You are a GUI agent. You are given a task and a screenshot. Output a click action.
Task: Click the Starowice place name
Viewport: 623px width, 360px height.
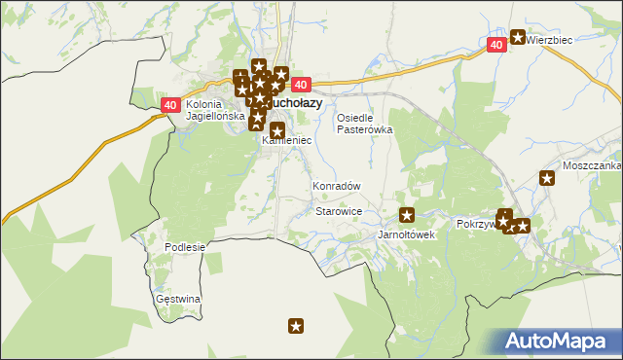click(x=340, y=211)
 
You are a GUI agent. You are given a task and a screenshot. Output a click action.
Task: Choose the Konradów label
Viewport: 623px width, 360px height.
click(x=337, y=186)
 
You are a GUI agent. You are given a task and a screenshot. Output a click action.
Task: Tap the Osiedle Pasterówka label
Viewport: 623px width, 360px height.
click(x=364, y=123)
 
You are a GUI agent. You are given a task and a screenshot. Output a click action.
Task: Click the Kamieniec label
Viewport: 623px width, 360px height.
click(x=286, y=141)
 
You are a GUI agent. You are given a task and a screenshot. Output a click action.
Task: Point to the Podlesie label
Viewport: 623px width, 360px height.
click(x=185, y=247)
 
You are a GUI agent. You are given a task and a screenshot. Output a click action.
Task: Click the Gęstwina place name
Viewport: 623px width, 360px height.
click(x=178, y=299)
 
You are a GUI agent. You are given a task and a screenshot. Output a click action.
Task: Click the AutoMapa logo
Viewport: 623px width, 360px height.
click(x=561, y=342)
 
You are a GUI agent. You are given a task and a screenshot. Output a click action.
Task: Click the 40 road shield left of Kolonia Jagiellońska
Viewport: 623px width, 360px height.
click(x=169, y=105)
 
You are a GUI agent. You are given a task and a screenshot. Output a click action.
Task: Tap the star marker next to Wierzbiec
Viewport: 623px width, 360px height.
click(x=518, y=38)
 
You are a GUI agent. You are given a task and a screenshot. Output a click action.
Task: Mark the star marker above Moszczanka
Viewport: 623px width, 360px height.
click(x=547, y=178)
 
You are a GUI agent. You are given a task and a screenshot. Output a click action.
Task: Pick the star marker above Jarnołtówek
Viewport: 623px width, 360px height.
click(x=407, y=215)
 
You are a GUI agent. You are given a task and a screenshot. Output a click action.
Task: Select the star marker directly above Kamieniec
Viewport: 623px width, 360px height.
click(x=277, y=130)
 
